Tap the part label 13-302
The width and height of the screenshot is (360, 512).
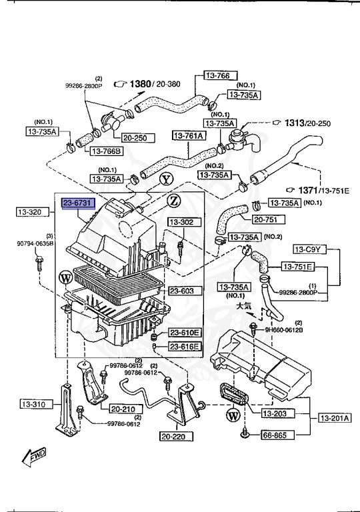[x=181, y=222]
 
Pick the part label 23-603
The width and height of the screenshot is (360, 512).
[x=181, y=291]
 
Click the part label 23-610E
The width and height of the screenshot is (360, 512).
[x=183, y=333]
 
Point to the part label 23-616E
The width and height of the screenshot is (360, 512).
[x=183, y=346]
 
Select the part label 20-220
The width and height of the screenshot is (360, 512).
[x=176, y=437]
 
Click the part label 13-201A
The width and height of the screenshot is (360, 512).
[x=333, y=418]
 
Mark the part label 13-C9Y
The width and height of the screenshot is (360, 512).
[x=309, y=250]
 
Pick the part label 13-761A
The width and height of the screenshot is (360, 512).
[x=189, y=136]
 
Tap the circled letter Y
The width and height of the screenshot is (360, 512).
[x=165, y=179]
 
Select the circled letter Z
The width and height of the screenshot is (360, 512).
[x=173, y=201]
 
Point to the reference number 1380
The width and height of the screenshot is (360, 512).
[x=141, y=84]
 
